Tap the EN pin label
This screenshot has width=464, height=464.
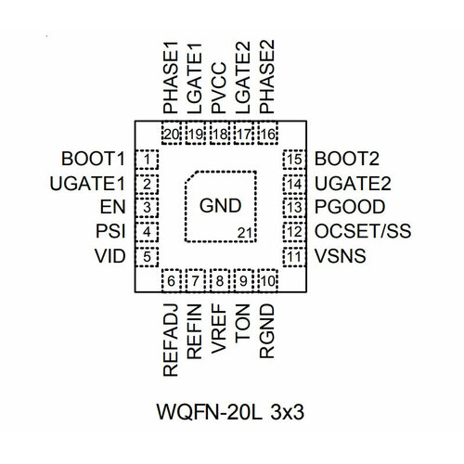point(115,206)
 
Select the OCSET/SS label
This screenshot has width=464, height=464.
point(364,230)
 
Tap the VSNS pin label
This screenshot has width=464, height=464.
point(340,255)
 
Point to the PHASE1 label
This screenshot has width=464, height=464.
point(170,82)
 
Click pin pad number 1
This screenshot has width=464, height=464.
point(148,159)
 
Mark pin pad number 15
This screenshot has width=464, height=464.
point(294,159)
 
